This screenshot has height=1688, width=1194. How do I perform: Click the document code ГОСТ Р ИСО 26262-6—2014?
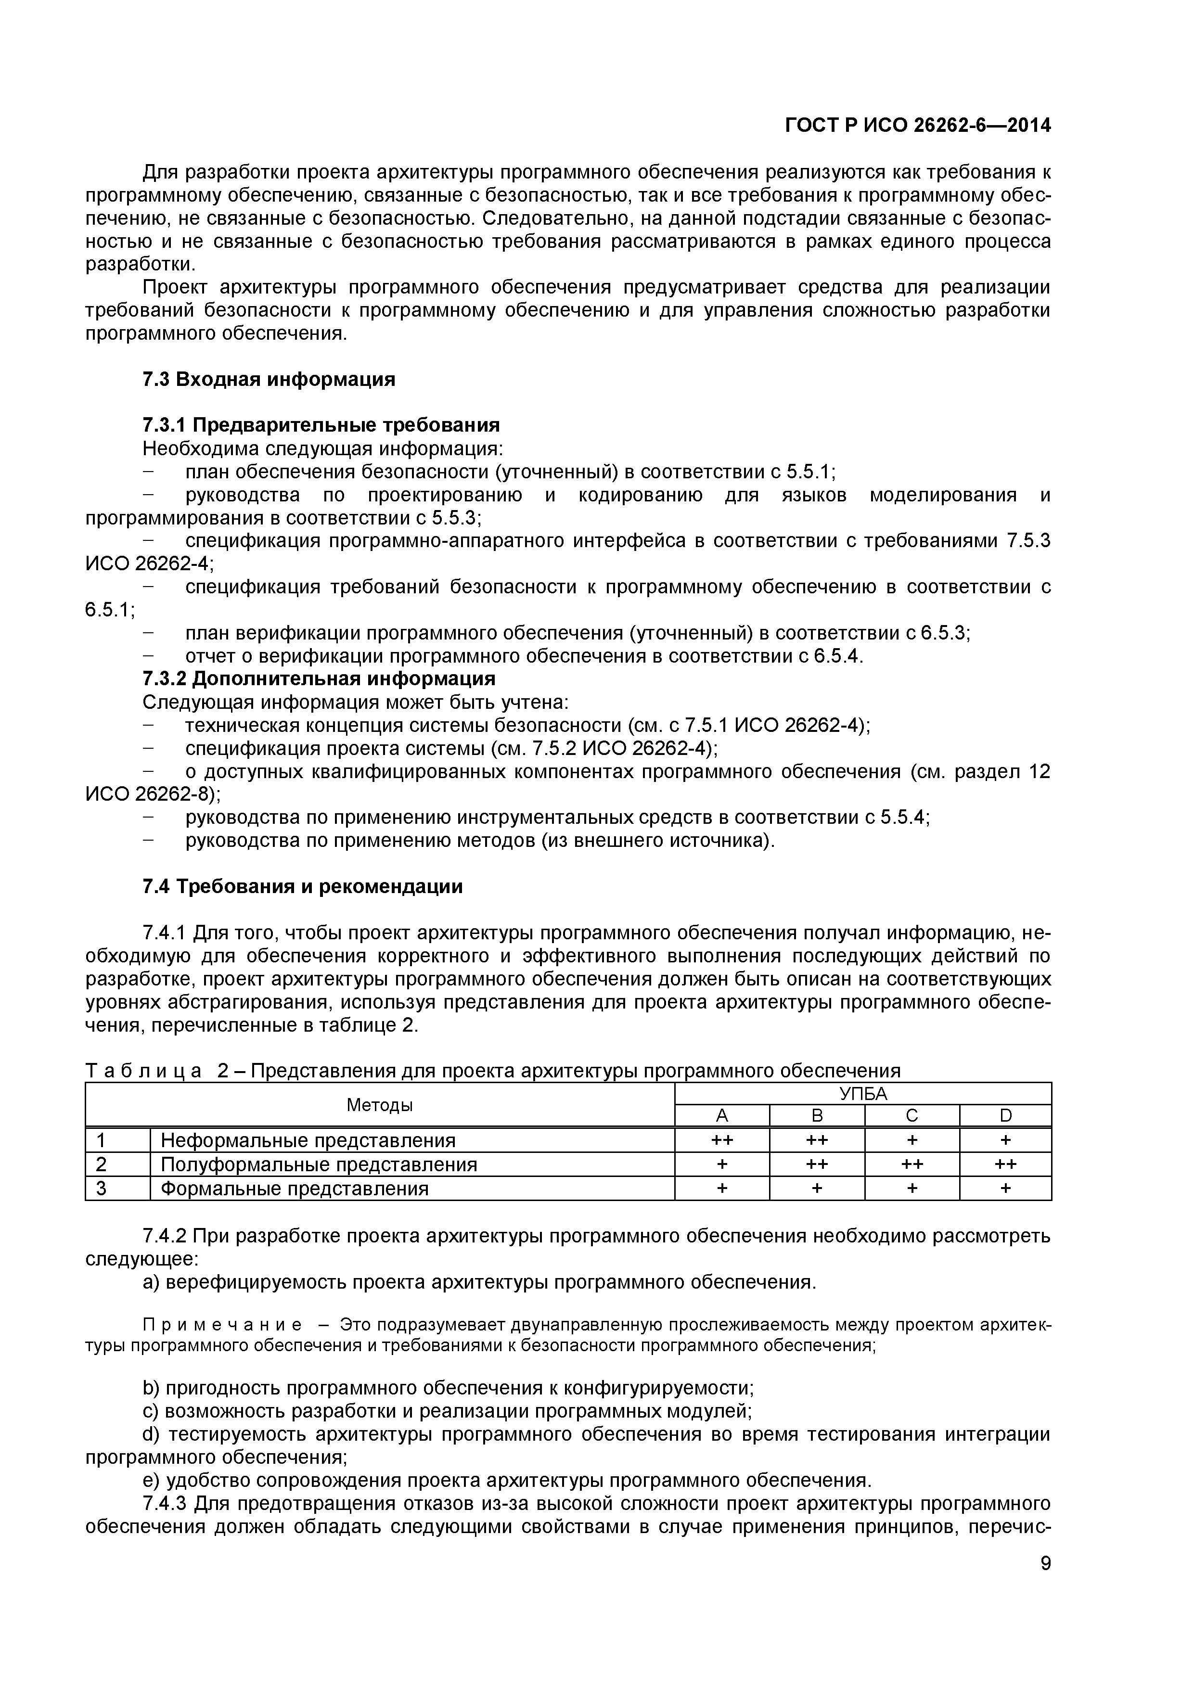(918, 126)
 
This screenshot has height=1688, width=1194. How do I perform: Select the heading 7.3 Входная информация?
(269, 379)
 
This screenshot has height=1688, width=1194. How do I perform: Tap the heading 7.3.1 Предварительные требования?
(321, 425)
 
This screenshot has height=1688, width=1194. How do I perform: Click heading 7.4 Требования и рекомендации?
(302, 887)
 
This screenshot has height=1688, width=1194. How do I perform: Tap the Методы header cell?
(379, 1105)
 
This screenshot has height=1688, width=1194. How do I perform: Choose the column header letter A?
(721, 1116)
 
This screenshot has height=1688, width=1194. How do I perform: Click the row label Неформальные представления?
(308, 1140)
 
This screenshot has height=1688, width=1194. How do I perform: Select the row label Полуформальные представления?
(318, 1164)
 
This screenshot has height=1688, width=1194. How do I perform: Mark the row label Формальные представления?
(294, 1189)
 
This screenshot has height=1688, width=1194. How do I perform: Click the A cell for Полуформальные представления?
(721, 1164)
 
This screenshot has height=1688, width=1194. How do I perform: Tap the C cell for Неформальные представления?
(912, 1140)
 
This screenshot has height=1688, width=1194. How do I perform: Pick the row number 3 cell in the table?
(102, 1189)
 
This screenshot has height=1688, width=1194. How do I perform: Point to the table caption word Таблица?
(143, 1071)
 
